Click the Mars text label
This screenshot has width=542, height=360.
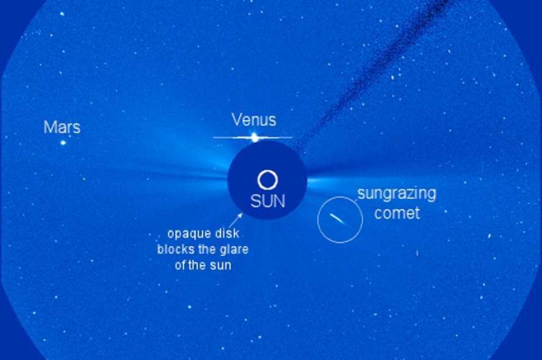coord(62,127)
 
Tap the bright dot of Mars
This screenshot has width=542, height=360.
coord(63,143)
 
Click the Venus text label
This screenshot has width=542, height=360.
coord(254,120)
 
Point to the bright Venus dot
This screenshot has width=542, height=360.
coord(255,138)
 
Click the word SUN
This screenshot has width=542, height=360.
coord(268,201)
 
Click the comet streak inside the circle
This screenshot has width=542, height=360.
coord(338,220)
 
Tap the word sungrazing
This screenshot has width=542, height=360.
coord(396,194)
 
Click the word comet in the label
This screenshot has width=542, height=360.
coord(397,213)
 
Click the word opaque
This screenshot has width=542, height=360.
coord(187,235)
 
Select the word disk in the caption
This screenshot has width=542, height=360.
coord(227,233)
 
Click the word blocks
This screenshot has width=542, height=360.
coord(175,249)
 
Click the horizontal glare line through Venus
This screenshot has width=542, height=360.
coord(253,138)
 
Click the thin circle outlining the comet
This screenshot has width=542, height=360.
coord(318,220)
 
